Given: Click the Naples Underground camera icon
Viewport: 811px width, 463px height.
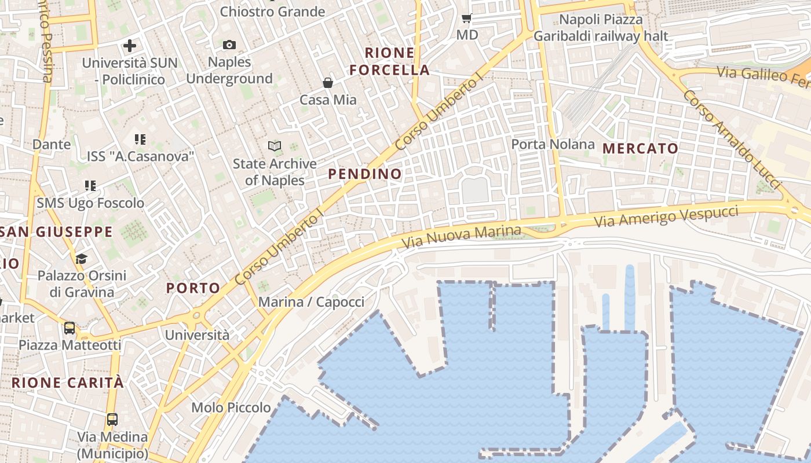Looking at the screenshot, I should pos(229,45).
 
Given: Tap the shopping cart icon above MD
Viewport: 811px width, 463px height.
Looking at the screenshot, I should pos(467,19).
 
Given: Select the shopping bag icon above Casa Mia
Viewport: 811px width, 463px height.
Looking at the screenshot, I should pos(328,83).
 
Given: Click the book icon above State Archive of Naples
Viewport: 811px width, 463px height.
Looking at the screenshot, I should pos(275,146).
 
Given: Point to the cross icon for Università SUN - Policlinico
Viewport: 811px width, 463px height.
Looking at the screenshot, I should pos(130,45).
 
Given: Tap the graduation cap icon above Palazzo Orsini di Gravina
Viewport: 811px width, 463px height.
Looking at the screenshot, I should pos(81,258).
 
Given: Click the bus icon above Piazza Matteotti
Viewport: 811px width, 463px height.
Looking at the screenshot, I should pos(70,328).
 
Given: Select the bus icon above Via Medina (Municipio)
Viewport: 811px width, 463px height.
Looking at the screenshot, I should pos(112,419).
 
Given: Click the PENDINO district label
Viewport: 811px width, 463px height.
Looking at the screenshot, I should pos(365,174).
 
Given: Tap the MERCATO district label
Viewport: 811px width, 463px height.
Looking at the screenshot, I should pos(640,148).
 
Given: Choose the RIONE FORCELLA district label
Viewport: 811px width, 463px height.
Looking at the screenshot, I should pos(389,61).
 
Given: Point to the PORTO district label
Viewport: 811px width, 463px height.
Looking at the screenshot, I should pos(193,288).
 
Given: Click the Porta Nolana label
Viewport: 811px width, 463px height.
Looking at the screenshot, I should pos(553,144).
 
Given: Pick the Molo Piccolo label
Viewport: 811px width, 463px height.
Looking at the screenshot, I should pos(231,407).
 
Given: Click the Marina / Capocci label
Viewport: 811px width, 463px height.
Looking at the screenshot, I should pos(311,302).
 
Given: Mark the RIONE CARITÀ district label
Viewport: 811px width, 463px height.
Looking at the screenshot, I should pos(68,383).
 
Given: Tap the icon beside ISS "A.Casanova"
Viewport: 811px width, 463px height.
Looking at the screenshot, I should pos(140,139).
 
